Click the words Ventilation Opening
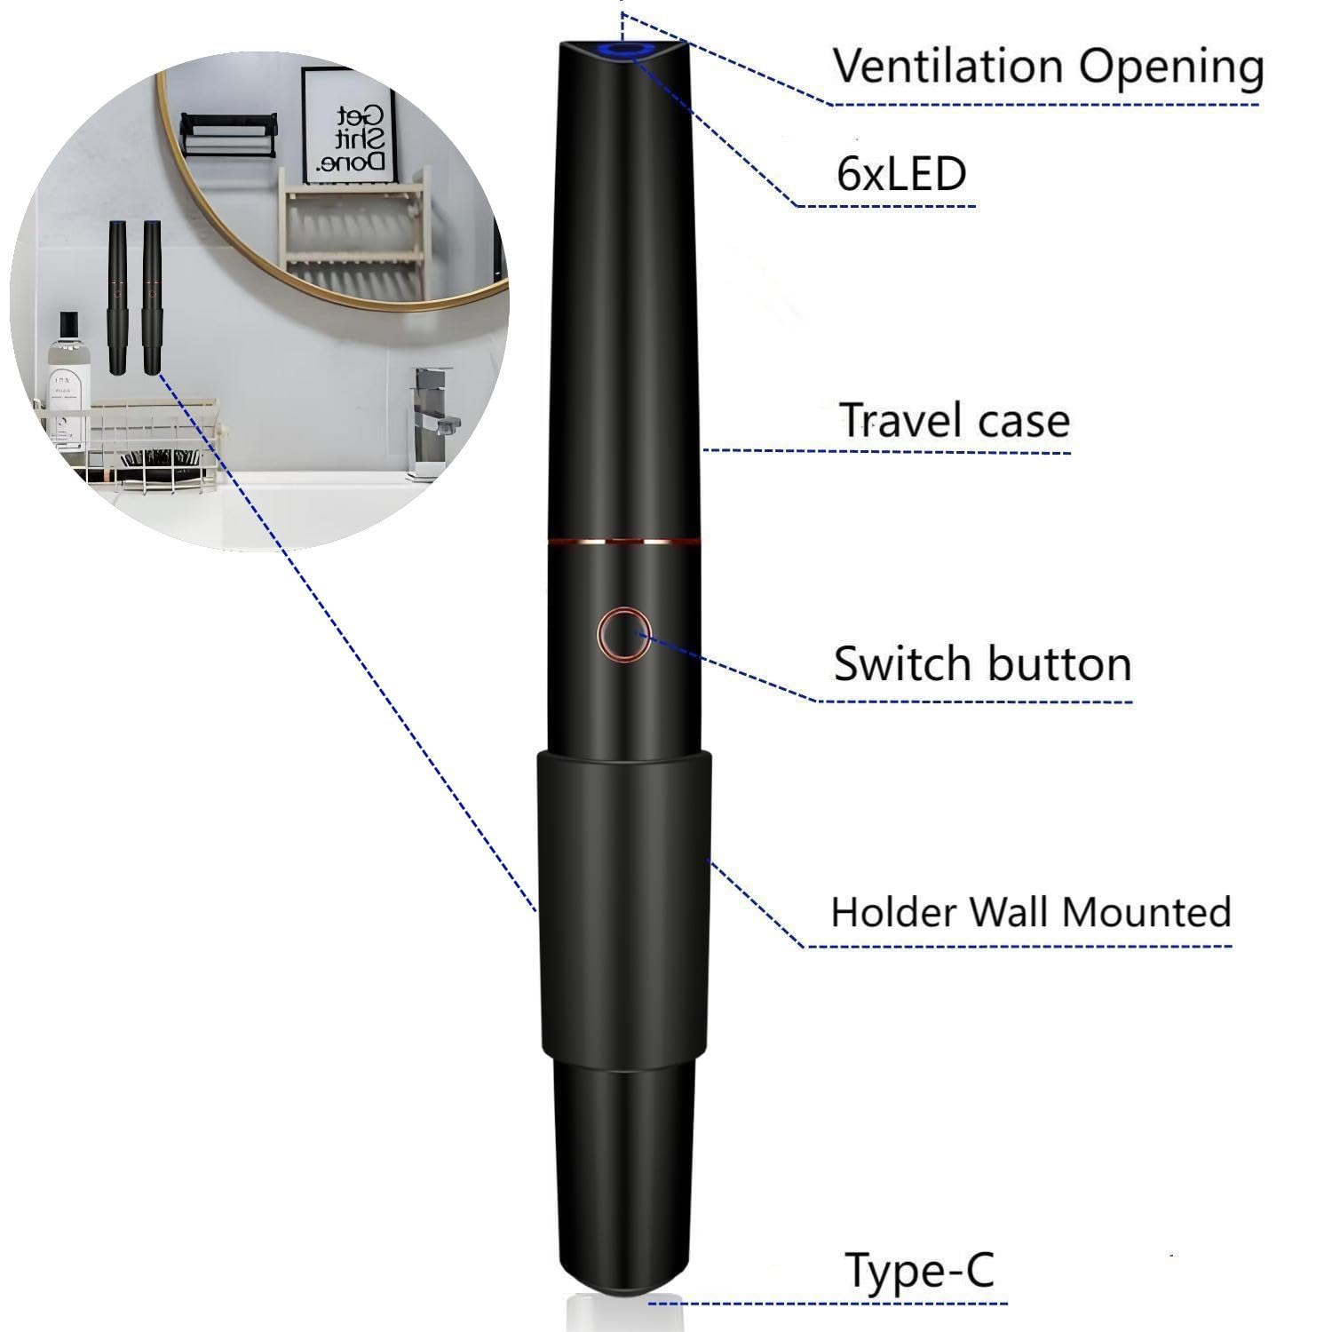(1048, 67)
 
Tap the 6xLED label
(900, 173)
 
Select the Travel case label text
(955, 420)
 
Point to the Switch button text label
(982, 663)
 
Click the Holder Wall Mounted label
(1031, 912)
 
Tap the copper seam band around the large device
(624, 539)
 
